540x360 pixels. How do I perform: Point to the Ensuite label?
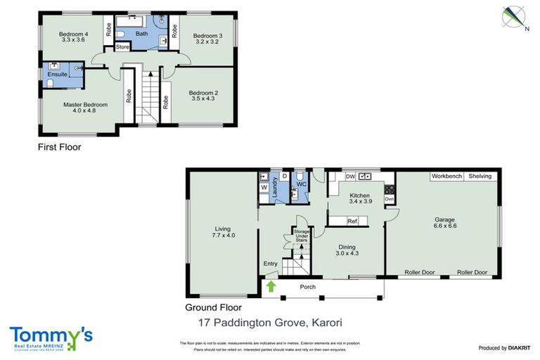(x=58, y=74)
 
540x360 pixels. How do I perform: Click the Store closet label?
(x=122, y=47)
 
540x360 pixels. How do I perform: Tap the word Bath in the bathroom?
(x=141, y=33)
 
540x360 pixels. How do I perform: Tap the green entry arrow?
(x=271, y=286)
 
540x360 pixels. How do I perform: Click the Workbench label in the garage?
(x=446, y=176)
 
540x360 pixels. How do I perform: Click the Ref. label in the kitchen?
(x=353, y=221)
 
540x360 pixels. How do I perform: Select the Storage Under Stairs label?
(x=302, y=235)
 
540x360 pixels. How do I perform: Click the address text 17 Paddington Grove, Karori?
(x=270, y=324)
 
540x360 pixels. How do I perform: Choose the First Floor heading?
(x=59, y=148)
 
